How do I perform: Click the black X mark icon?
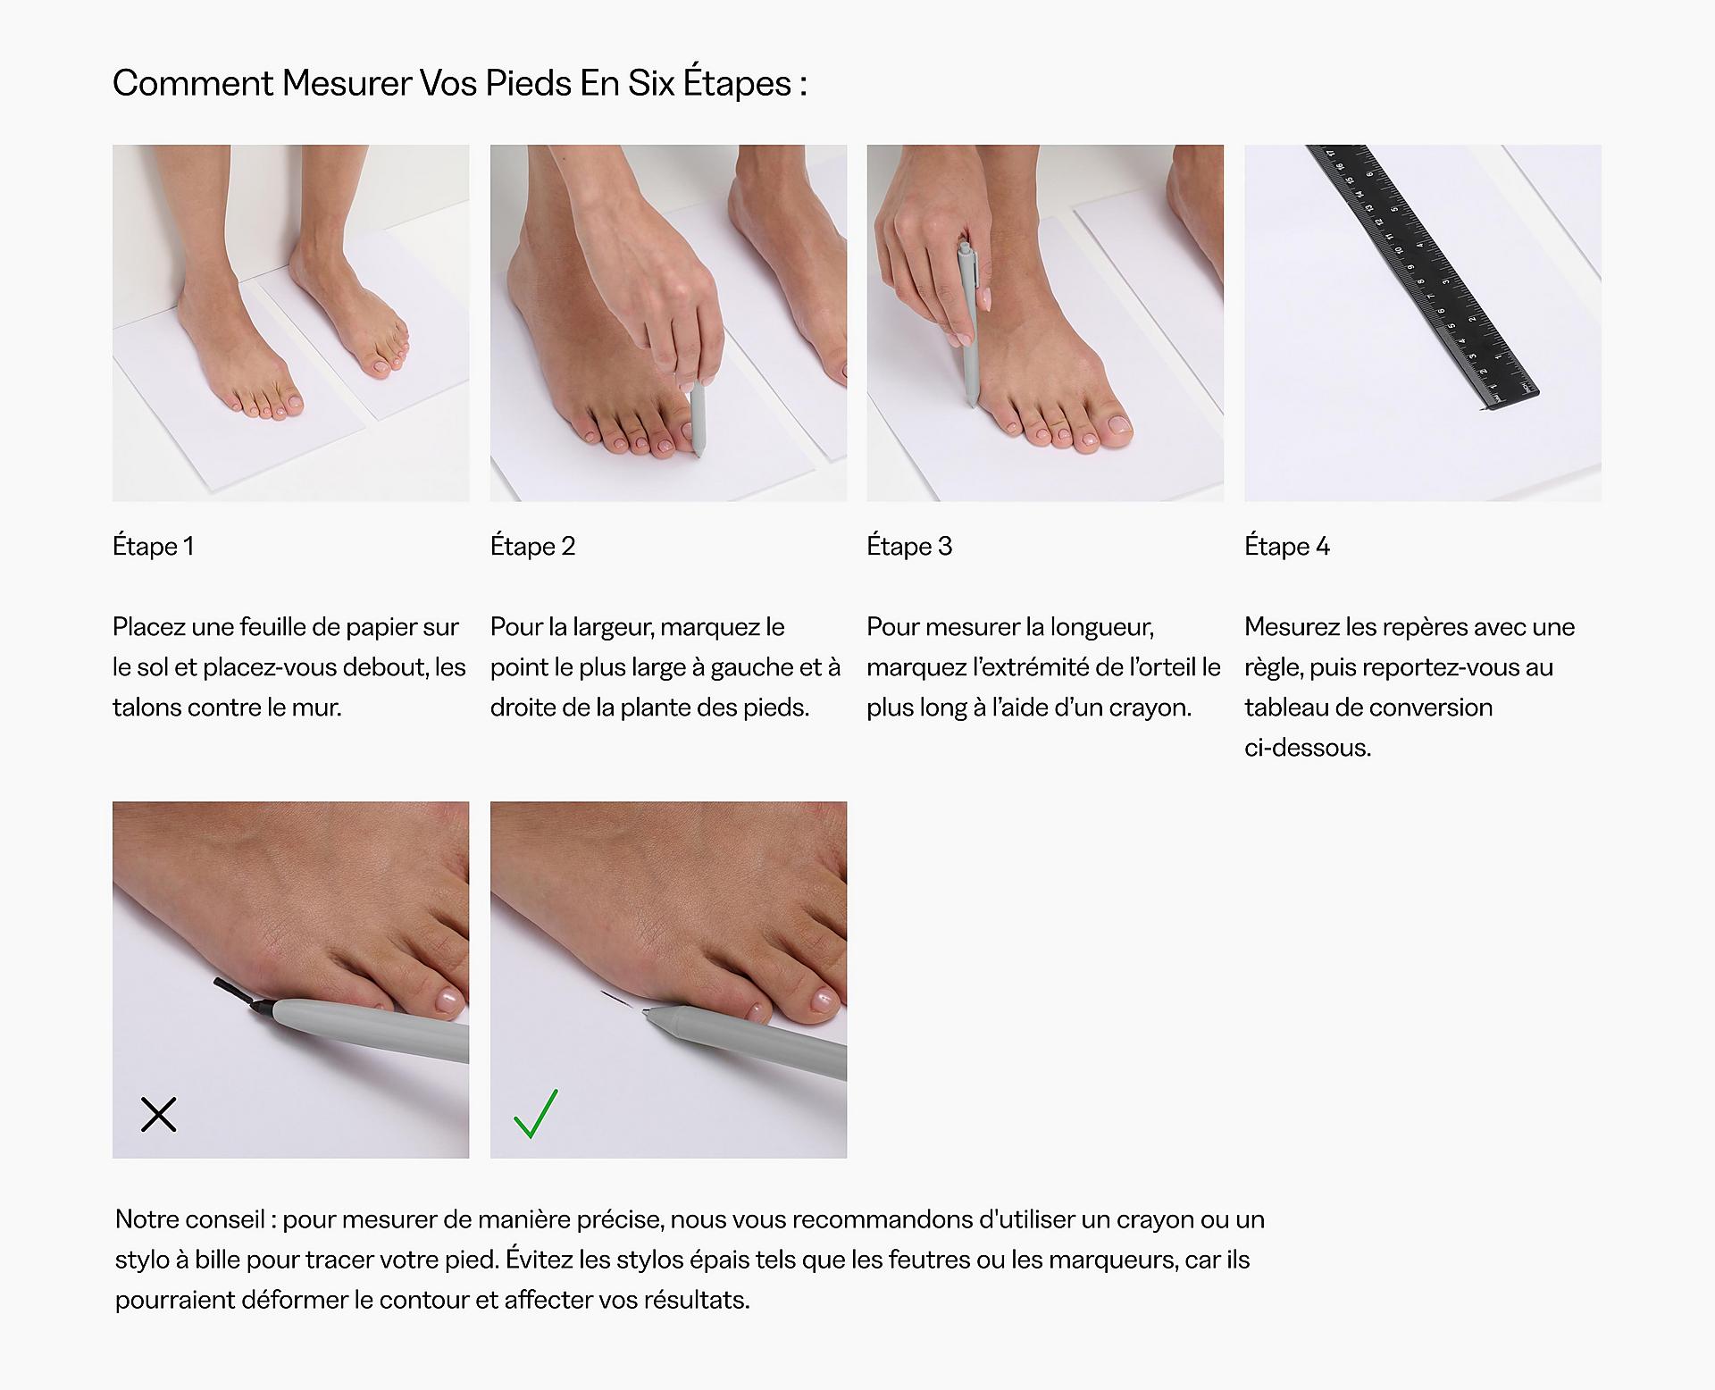[x=159, y=1114]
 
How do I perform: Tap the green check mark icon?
[x=535, y=1114]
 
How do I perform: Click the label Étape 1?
[x=153, y=546]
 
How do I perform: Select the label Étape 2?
[x=532, y=546]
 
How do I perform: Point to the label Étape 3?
[x=909, y=546]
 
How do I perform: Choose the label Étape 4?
[x=1287, y=546]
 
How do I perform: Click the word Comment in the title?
[x=192, y=83]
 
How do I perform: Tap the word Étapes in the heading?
[x=738, y=83]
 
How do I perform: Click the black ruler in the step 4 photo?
[x=1420, y=277]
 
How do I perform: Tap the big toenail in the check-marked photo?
[x=822, y=1002]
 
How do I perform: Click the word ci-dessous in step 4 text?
[x=1307, y=748]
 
